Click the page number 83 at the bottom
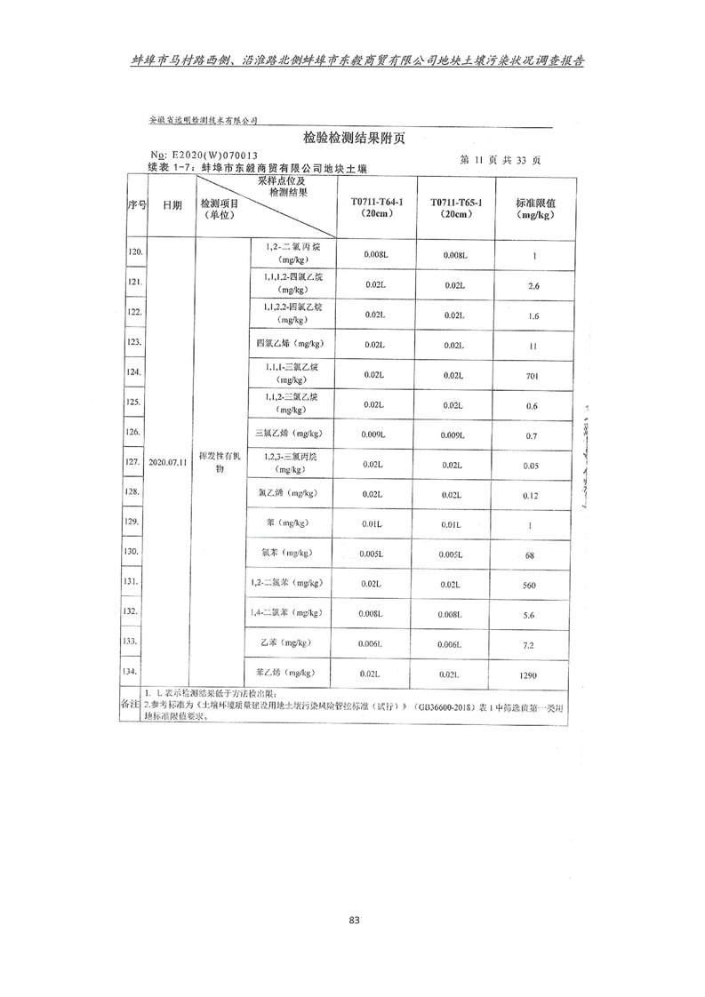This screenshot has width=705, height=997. coord(354,920)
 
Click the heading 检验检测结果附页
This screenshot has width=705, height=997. coord(354,139)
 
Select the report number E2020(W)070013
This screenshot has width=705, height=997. coord(220,155)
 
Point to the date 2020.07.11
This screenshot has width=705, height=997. coord(168,463)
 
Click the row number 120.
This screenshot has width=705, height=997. coord(135,253)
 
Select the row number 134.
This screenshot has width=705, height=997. coord(135,672)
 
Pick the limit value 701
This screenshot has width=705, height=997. coord(533,376)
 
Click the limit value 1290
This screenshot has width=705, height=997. coord(533,676)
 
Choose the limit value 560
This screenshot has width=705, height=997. coord(533,586)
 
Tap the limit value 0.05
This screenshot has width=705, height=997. coord(533,466)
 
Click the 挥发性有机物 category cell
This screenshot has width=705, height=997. coord(220,462)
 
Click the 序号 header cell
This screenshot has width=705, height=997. coord(135,204)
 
